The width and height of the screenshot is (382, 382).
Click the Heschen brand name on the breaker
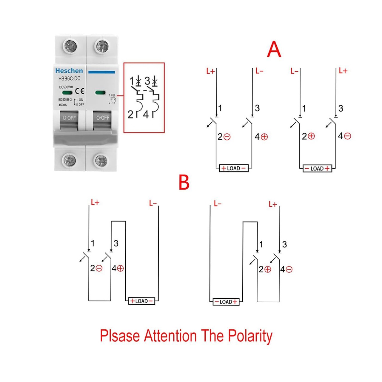click(69, 71)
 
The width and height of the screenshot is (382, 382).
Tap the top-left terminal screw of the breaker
click(70, 47)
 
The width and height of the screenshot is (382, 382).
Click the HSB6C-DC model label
click(69, 79)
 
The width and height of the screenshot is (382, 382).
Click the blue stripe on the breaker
click(101, 72)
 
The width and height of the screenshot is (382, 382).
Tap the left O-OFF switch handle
click(69, 118)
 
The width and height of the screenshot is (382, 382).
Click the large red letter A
click(274, 50)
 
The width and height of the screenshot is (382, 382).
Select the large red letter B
click(184, 182)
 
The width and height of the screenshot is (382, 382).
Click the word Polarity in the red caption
click(250, 336)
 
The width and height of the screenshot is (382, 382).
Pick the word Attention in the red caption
click(170, 336)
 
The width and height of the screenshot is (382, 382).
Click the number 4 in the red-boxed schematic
click(146, 114)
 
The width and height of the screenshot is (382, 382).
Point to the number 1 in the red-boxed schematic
click(132, 81)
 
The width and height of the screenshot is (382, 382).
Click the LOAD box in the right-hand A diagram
click(317, 169)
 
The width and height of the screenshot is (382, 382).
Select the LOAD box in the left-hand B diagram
click(141, 301)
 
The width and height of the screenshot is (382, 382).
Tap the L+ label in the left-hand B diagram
click(95, 203)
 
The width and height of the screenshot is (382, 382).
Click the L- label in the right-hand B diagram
click(218, 204)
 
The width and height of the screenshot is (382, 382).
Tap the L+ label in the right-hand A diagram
click(343, 71)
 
